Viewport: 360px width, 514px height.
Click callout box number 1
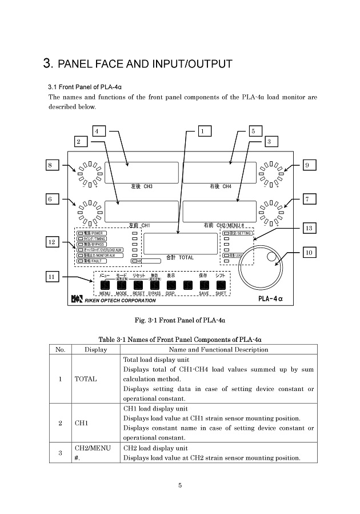(x=202, y=131)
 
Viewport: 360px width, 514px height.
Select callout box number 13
(x=309, y=228)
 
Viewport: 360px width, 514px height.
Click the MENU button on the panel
(x=105, y=285)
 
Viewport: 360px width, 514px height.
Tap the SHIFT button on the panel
(x=221, y=285)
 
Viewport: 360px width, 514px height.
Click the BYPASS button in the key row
(x=154, y=285)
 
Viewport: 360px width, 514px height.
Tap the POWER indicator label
(x=90, y=233)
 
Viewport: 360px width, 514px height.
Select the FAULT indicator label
(x=90, y=261)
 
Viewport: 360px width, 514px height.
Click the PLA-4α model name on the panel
(x=270, y=298)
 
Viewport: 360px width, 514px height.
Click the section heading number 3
(x=48, y=63)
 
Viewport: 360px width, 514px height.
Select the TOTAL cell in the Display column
(x=86, y=379)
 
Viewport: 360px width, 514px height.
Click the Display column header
(x=95, y=349)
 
